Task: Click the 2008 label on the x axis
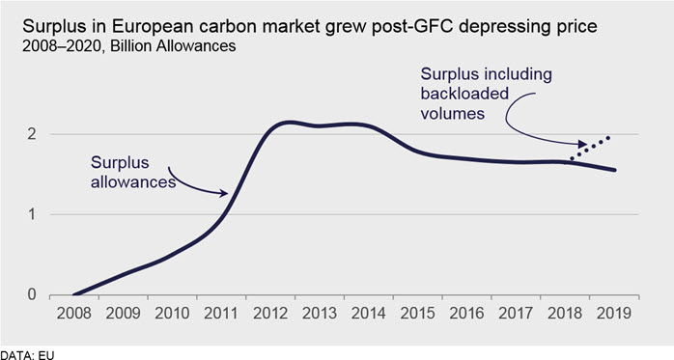(73, 313)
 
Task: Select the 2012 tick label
(270, 313)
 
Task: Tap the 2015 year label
(417, 313)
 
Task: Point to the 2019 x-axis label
(614, 313)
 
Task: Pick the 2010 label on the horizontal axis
(172, 313)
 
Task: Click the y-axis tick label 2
(31, 134)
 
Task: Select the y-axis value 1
(31, 214)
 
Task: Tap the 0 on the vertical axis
(31, 294)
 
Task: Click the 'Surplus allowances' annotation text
(133, 172)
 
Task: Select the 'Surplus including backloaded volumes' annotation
(486, 94)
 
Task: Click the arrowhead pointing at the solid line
(223, 193)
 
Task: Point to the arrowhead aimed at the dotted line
(582, 144)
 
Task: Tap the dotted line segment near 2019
(590, 149)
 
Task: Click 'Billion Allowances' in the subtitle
(173, 46)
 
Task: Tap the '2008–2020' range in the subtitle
(63, 46)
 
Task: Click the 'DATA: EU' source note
(27, 355)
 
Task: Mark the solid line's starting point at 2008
(74, 294)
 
